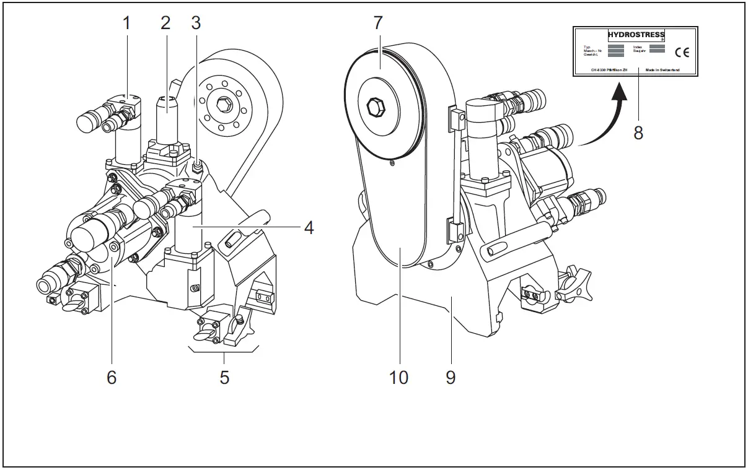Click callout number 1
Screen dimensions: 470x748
click(126, 24)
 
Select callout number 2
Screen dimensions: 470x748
click(165, 24)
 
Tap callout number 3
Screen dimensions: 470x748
click(196, 24)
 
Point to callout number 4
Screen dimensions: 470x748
click(307, 227)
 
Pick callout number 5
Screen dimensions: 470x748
click(224, 376)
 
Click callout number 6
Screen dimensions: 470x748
click(112, 376)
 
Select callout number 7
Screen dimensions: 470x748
click(378, 24)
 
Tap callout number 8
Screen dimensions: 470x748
click(638, 132)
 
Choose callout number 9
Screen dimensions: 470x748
click(451, 376)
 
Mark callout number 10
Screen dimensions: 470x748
click(398, 376)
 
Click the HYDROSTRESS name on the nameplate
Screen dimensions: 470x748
click(636, 35)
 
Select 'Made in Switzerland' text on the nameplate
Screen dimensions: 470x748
click(662, 70)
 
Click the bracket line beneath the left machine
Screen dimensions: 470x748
click(224, 351)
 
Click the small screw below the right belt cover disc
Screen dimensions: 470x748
click(392, 164)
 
